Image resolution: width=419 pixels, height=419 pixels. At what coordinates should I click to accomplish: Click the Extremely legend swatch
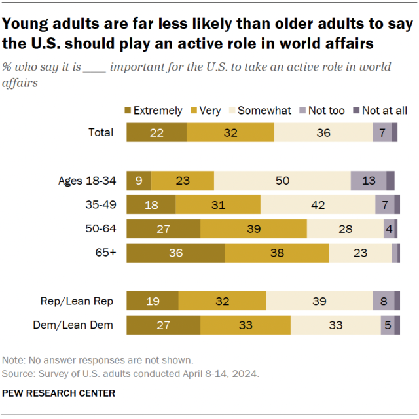pyautogui.click(x=128, y=111)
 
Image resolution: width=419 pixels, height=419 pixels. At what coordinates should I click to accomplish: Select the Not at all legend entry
pyautogui.click(x=384, y=111)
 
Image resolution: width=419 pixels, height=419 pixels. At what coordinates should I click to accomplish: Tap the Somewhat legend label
pyautogui.click(x=264, y=111)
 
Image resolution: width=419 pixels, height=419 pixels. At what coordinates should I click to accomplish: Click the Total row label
pyautogui.click(x=101, y=132)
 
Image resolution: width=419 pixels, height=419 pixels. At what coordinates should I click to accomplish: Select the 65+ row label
pyautogui.click(x=105, y=253)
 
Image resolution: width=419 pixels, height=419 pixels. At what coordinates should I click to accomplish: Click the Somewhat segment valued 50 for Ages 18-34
pyautogui.click(x=282, y=181)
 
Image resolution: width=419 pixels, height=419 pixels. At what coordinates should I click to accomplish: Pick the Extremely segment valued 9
pyautogui.click(x=139, y=181)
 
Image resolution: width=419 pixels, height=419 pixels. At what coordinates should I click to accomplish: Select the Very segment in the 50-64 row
pyautogui.click(x=253, y=229)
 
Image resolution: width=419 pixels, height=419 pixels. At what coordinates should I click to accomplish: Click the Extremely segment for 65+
pyautogui.click(x=175, y=253)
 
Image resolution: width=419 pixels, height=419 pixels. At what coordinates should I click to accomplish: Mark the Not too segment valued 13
pyautogui.click(x=368, y=181)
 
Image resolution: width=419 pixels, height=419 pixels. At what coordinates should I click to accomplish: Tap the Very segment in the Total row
pyautogui.click(x=230, y=132)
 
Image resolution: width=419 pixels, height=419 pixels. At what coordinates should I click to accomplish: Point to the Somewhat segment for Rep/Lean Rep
pyautogui.click(x=319, y=301)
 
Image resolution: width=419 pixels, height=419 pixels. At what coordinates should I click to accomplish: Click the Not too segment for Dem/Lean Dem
pyautogui.click(x=388, y=325)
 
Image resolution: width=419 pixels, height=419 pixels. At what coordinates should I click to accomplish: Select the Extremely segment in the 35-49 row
pyautogui.click(x=151, y=205)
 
